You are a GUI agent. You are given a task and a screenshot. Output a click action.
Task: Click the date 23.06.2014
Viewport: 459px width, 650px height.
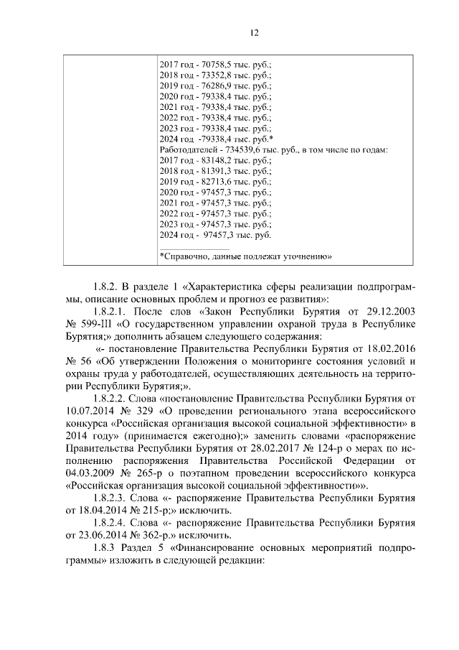coord(90,535)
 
